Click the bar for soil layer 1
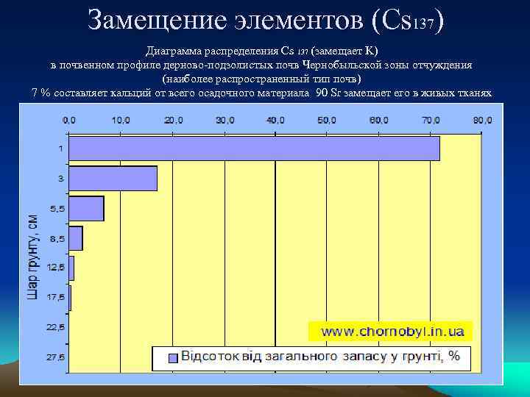254,149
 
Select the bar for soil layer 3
113,179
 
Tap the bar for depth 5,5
86,208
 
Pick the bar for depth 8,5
75,238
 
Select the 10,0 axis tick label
121,119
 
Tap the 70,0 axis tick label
431,119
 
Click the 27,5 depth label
55,357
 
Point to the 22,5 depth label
55,326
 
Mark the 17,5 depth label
55,297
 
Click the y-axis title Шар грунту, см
32,257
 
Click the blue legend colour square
172,358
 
